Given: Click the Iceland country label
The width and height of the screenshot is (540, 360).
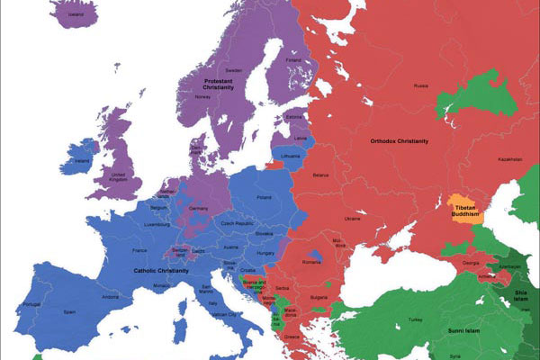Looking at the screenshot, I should (x=76, y=15).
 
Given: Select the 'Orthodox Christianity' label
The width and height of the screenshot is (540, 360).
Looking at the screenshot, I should (x=399, y=141).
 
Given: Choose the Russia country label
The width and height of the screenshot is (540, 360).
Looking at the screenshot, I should (x=420, y=85).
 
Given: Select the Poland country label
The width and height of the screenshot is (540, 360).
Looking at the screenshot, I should (x=264, y=196).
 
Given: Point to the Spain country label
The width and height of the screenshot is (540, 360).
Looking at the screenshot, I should (x=69, y=311).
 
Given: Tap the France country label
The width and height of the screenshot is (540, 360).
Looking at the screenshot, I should (x=139, y=249).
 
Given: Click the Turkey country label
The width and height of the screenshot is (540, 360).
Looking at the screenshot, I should (x=415, y=319).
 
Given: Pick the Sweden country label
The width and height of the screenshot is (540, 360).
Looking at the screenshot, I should (x=234, y=69).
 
